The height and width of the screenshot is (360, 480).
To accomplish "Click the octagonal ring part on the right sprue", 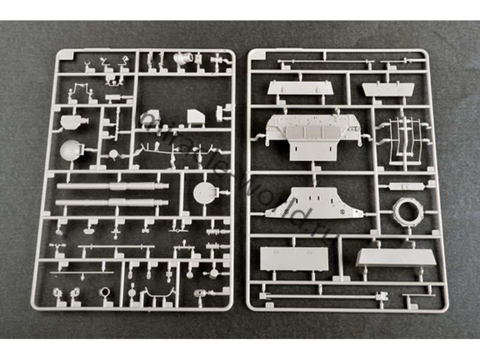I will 408,211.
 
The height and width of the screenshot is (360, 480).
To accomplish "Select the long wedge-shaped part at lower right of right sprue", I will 395,257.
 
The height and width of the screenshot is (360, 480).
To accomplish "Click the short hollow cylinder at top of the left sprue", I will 182,60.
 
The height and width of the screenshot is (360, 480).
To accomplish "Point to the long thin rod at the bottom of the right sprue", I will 324,296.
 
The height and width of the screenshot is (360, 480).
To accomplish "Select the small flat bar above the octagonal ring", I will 406,186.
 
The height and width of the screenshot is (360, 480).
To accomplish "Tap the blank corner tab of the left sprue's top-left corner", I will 64,56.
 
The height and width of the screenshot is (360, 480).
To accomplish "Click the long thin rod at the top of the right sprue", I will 336,61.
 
